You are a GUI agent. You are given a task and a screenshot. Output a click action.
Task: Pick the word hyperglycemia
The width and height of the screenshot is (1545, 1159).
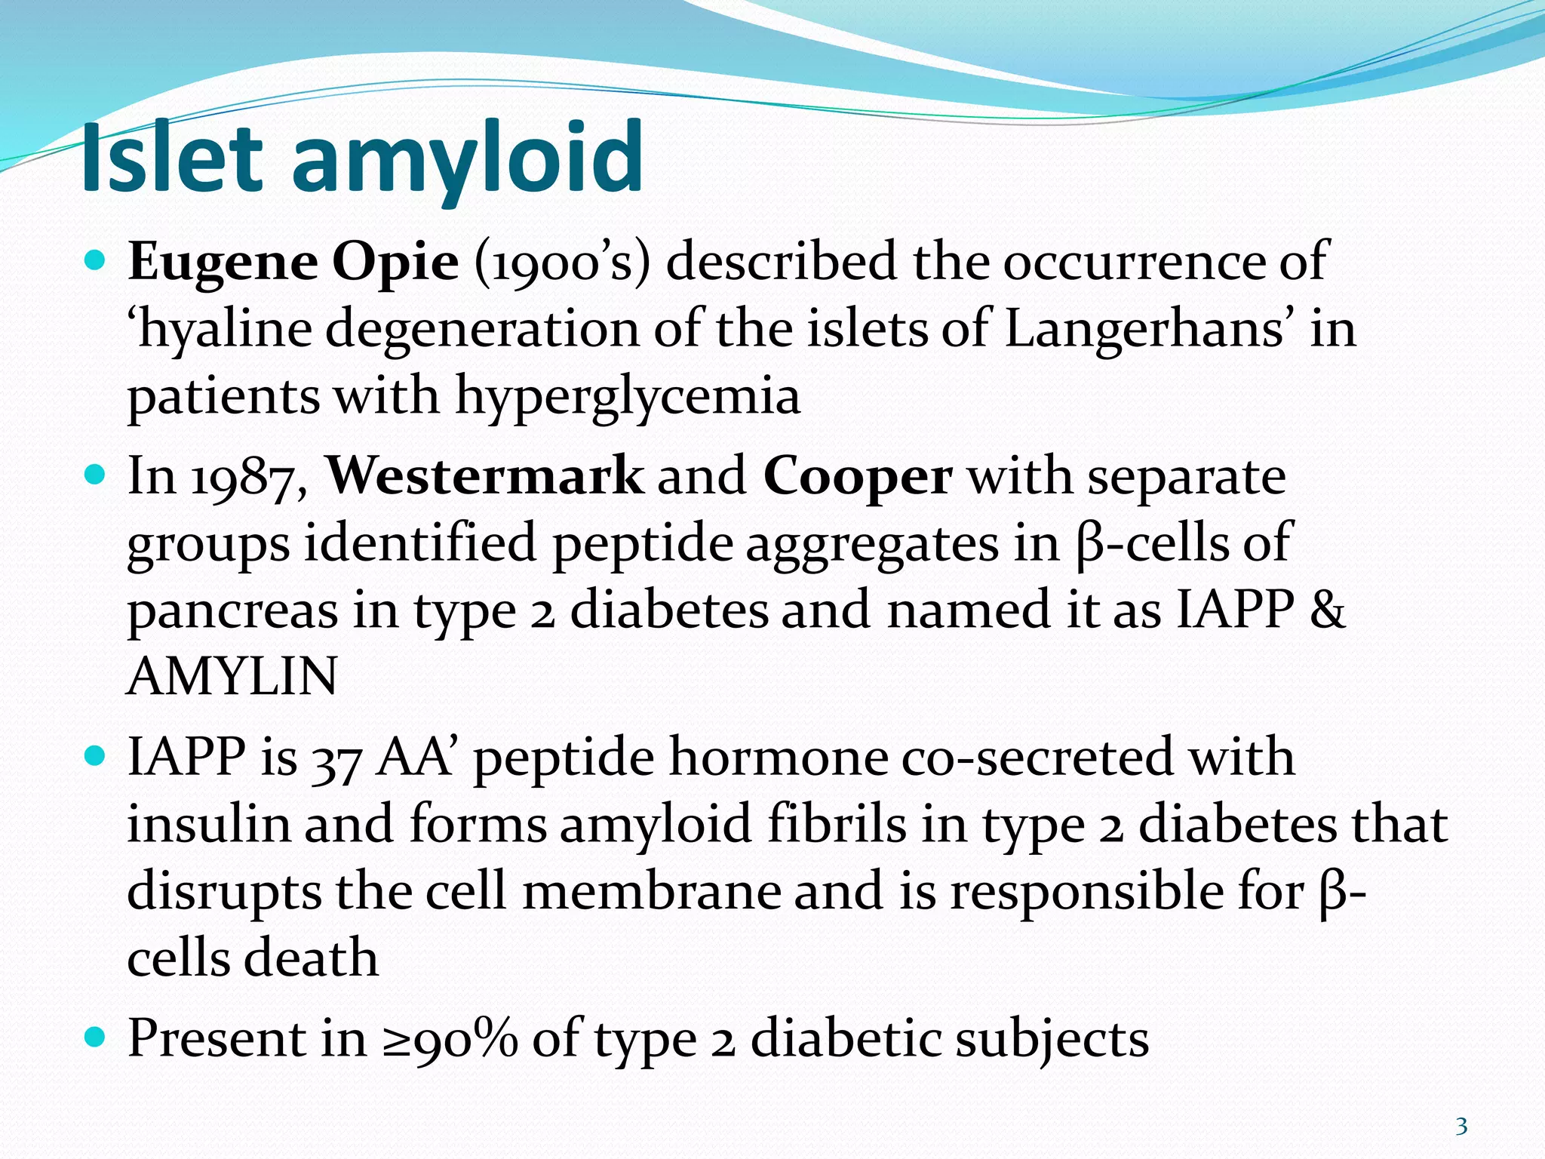628,398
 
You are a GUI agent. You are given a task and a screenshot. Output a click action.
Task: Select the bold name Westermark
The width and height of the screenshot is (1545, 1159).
485,477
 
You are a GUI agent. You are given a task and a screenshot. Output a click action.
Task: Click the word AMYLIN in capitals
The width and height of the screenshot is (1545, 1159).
232,677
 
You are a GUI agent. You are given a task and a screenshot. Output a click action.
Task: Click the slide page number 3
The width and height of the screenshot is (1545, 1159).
1461,1127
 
